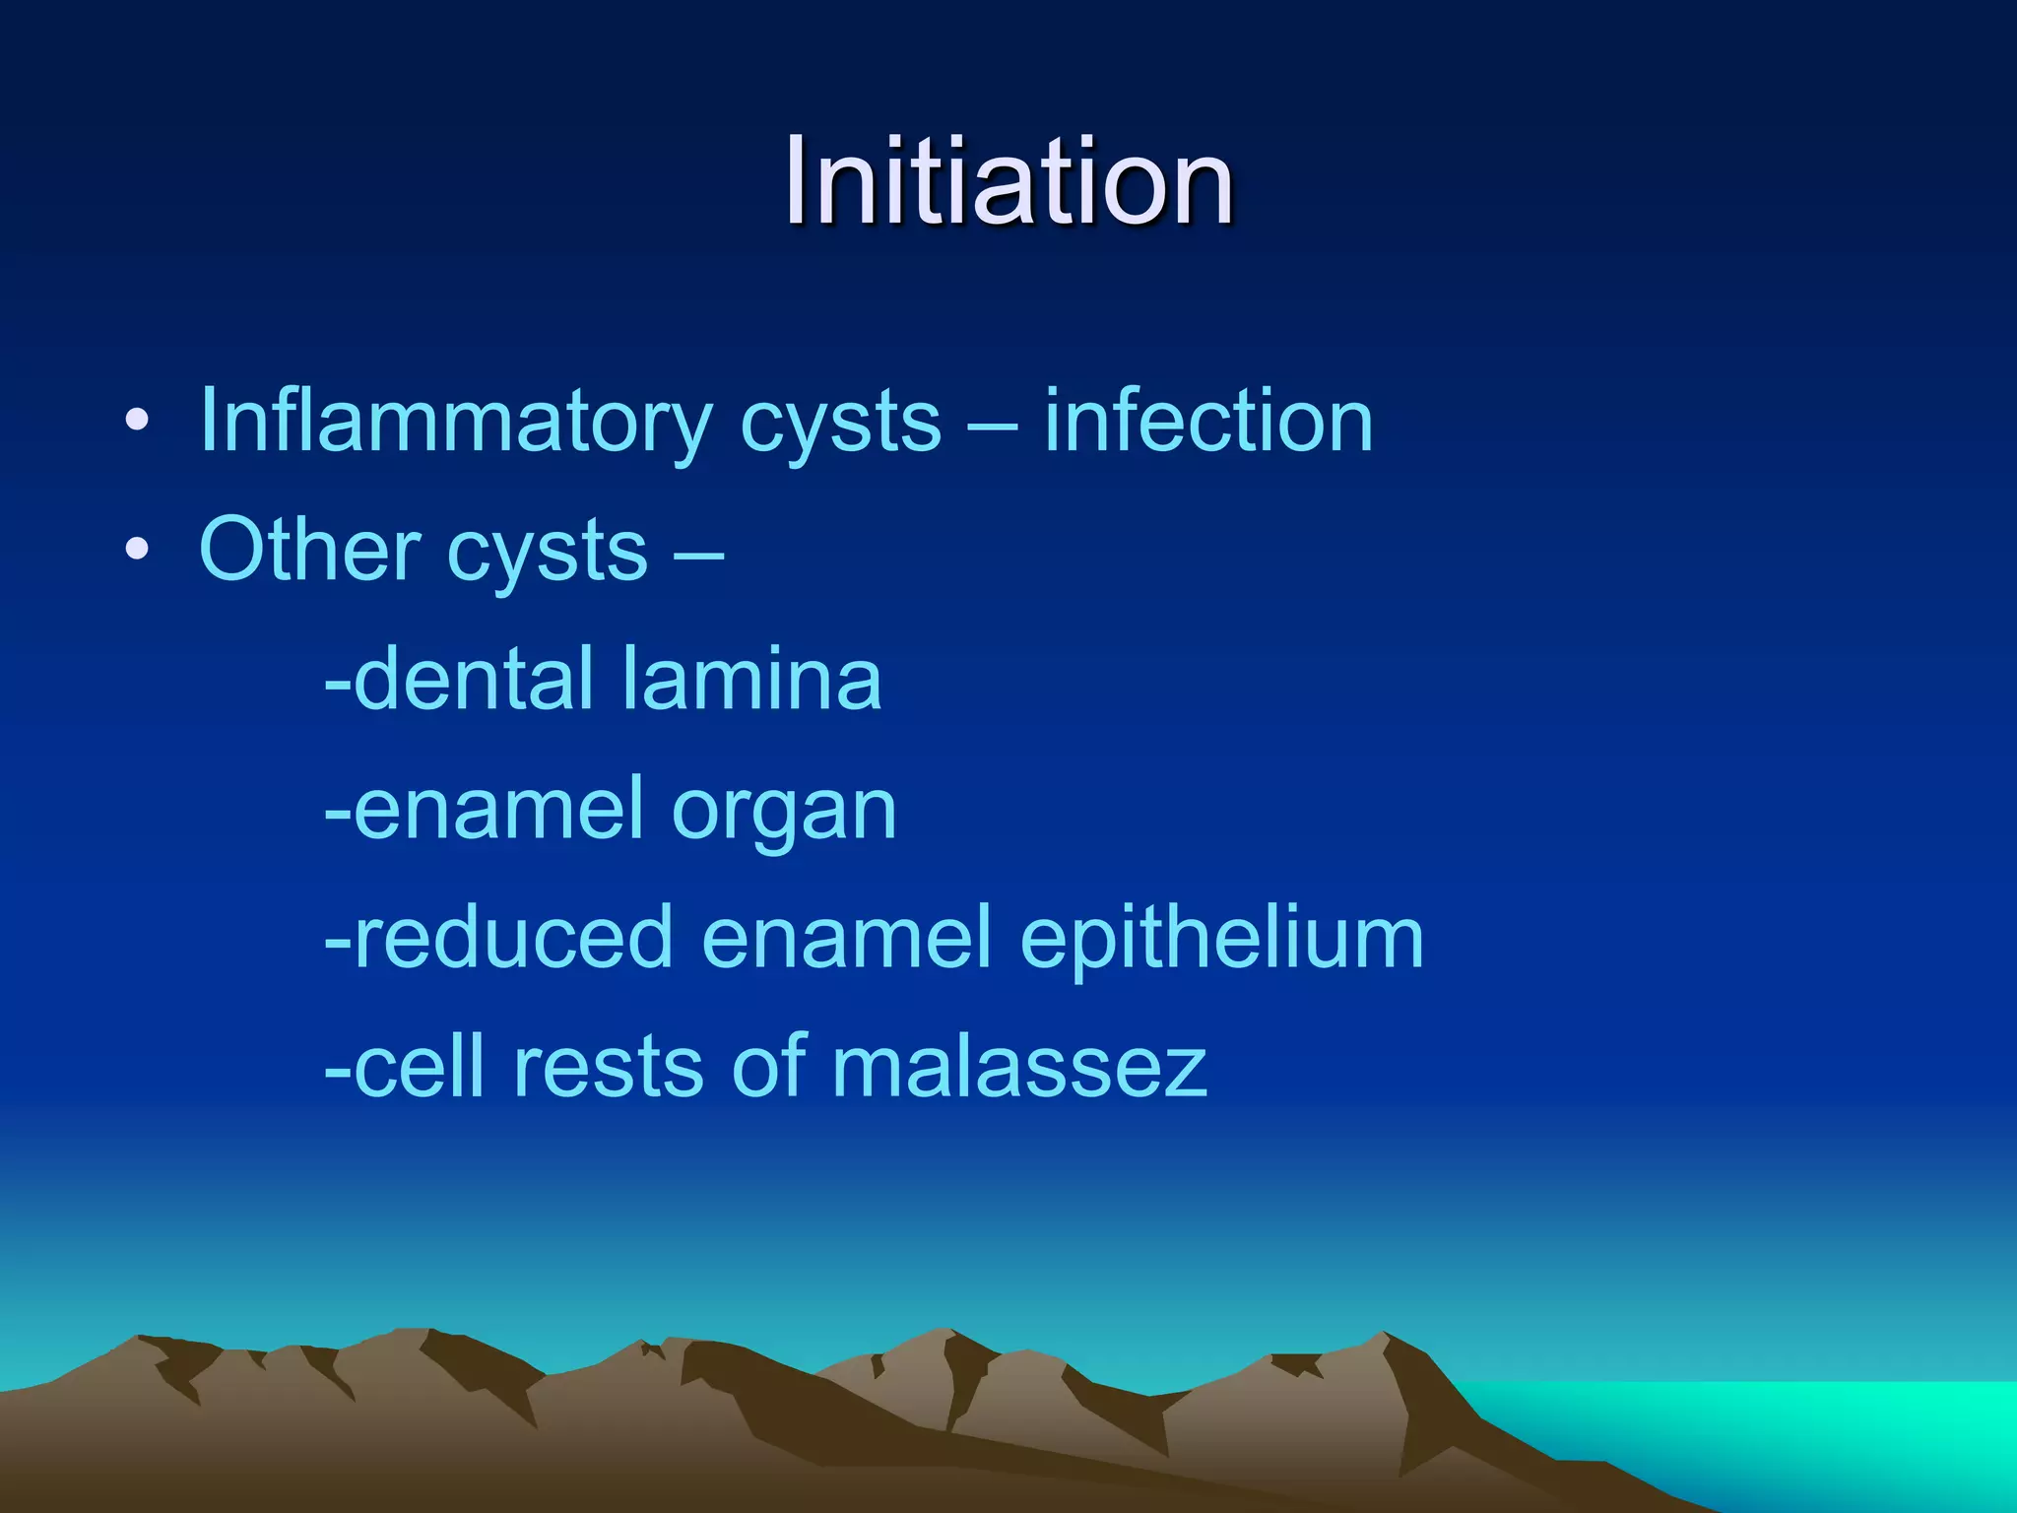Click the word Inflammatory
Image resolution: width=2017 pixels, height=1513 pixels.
coord(454,422)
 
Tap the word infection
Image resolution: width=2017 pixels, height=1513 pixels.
coord(1208,422)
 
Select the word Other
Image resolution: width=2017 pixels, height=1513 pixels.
coord(308,550)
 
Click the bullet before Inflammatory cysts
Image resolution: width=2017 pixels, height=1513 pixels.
coord(137,423)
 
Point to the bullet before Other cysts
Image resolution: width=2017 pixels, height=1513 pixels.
coord(137,551)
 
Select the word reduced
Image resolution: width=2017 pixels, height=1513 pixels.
coord(512,937)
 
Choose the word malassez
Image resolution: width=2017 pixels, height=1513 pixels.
coord(1019,1067)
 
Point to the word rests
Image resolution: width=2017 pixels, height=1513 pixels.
coord(608,1067)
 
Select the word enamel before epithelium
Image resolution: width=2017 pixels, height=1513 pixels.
coord(847,937)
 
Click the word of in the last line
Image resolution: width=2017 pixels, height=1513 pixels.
coord(767,1067)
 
